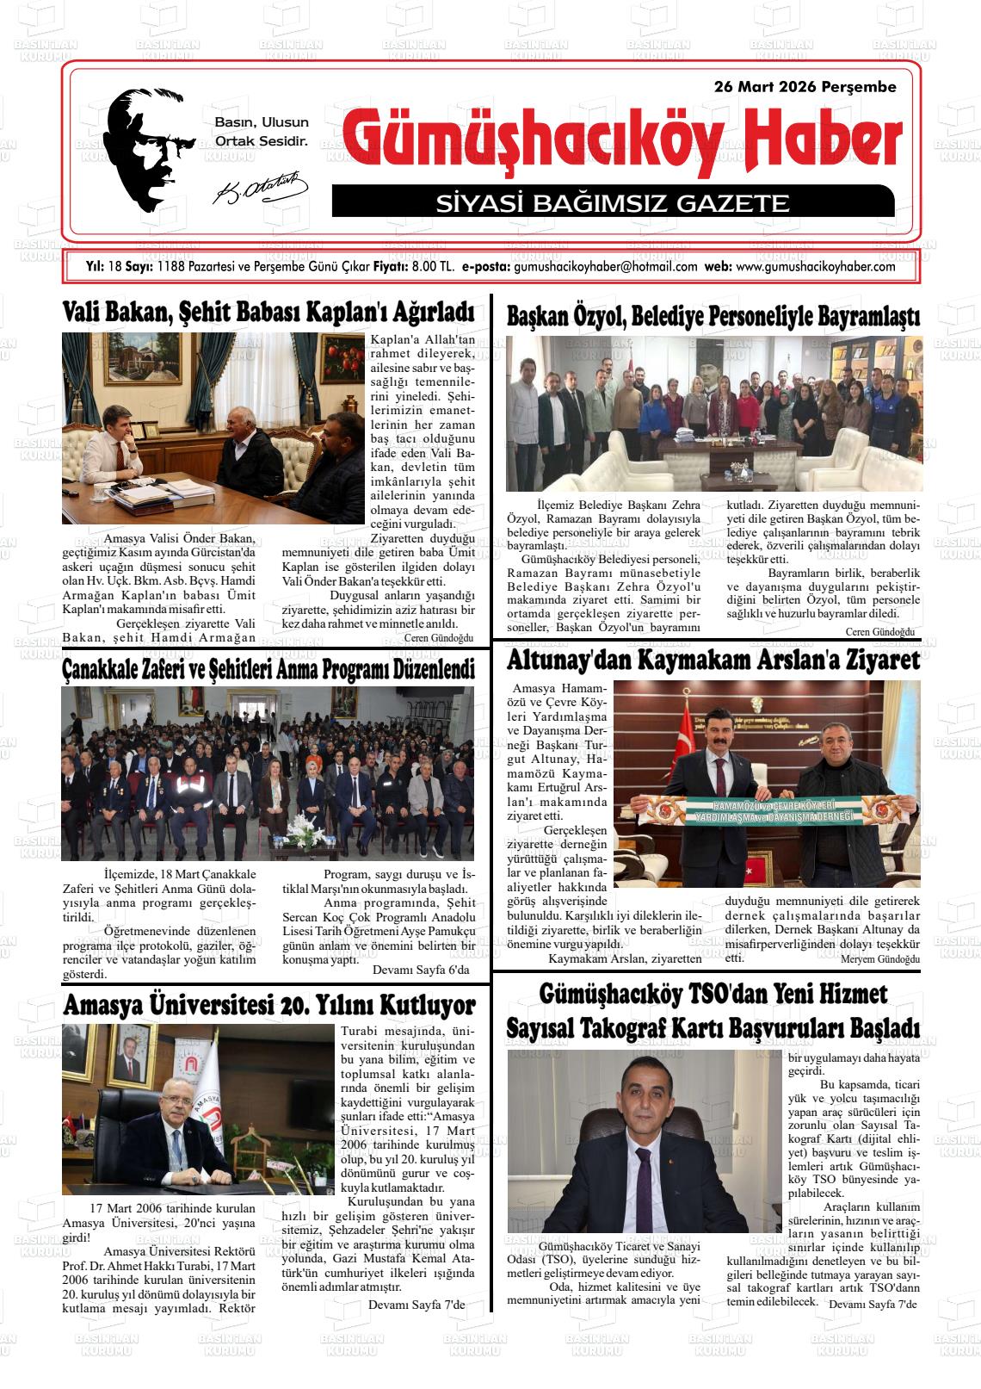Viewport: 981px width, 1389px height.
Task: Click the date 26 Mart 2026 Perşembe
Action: pyautogui.click(x=805, y=87)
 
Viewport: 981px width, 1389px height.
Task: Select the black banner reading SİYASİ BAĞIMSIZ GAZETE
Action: pyautogui.click(x=613, y=203)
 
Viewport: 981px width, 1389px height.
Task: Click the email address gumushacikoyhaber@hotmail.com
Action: pyautogui.click(x=605, y=267)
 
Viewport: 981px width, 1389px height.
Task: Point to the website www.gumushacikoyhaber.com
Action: pyautogui.click(x=816, y=267)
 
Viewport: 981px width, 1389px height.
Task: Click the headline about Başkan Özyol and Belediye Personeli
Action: pyautogui.click(x=713, y=317)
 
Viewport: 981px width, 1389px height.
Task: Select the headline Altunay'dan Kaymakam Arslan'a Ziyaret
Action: pyautogui.click(x=713, y=660)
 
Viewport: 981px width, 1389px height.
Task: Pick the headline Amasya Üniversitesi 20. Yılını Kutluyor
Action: pyautogui.click(x=268, y=1005)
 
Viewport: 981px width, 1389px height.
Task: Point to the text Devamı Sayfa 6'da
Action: pyautogui.click(x=421, y=970)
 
